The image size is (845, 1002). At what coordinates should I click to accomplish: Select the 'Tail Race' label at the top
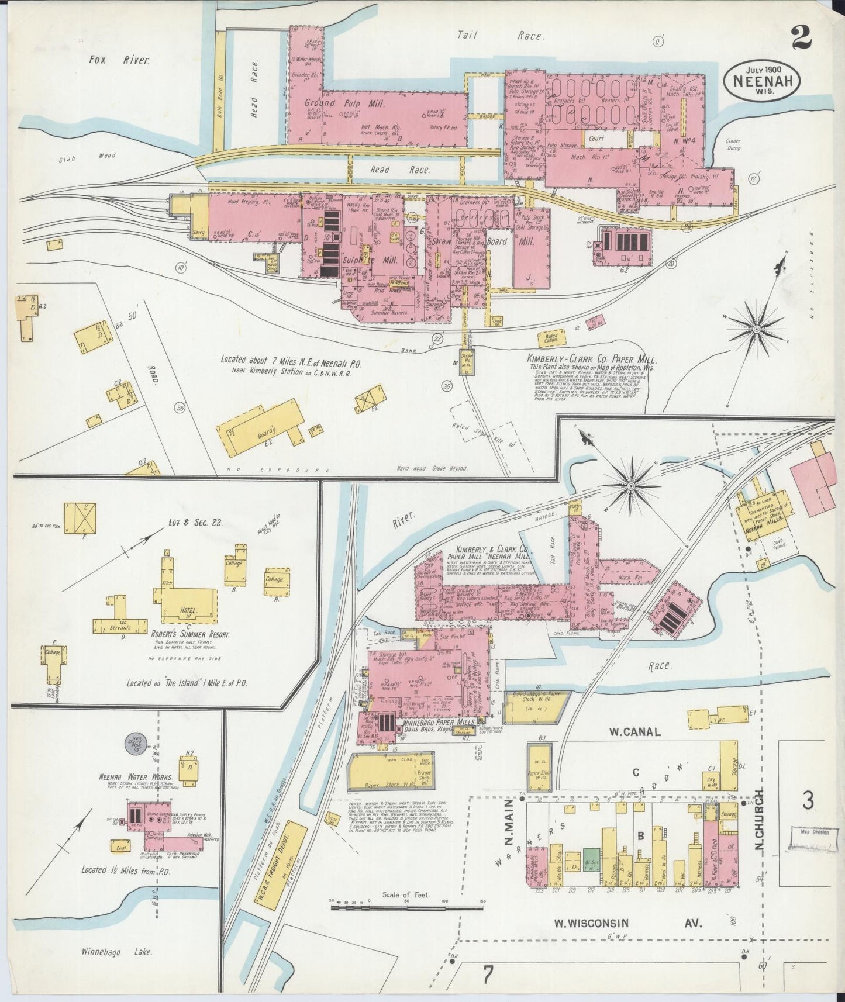[x=500, y=36]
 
